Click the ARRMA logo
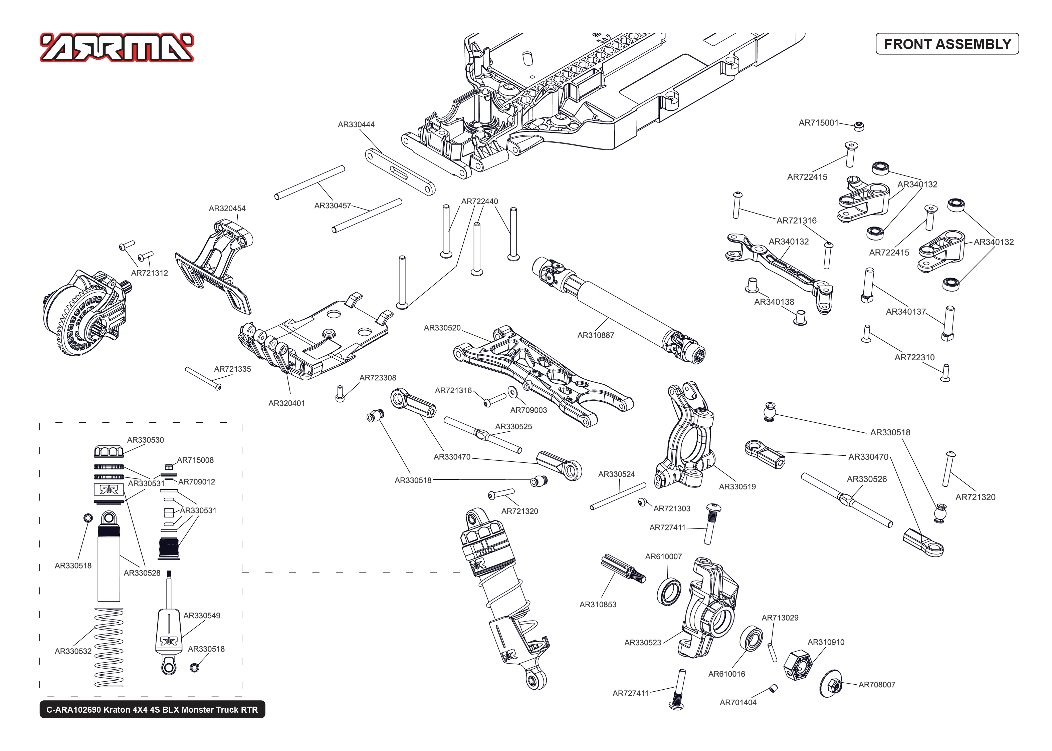point(117,47)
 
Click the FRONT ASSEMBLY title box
point(946,44)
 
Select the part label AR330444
point(356,124)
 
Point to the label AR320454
point(227,209)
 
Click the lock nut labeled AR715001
point(859,126)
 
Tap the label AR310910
point(825,642)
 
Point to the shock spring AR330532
point(109,648)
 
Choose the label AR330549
point(201,616)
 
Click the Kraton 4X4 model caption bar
point(152,709)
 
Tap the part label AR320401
point(286,403)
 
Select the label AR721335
point(232,369)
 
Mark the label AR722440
point(479,202)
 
